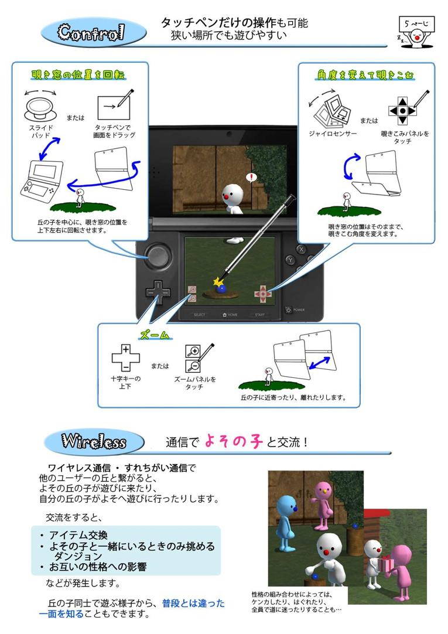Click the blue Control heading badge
pyautogui.click(x=94, y=33)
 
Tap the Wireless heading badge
pyautogui.click(x=94, y=442)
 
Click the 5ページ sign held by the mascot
pyautogui.click(x=417, y=24)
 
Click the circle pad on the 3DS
pyautogui.click(x=158, y=256)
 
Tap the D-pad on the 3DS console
pyautogui.click(x=158, y=292)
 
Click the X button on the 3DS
pyautogui.click(x=301, y=249)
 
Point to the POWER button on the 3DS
pyautogui.click(x=289, y=310)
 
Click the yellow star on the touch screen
pyautogui.click(x=218, y=281)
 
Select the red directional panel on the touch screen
pyautogui.click(x=262, y=294)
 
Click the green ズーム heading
pyautogui.click(x=155, y=335)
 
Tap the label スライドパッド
pyautogui.click(x=41, y=131)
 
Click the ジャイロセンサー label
pyautogui.click(x=333, y=134)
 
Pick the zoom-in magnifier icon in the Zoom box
pyautogui.click(x=193, y=351)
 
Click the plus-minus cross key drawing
pyautogui.click(x=126, y=358)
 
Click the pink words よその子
pyautogui.click(x=234, y=441)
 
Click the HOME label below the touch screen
pyautogui.click(x=230, y=315)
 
